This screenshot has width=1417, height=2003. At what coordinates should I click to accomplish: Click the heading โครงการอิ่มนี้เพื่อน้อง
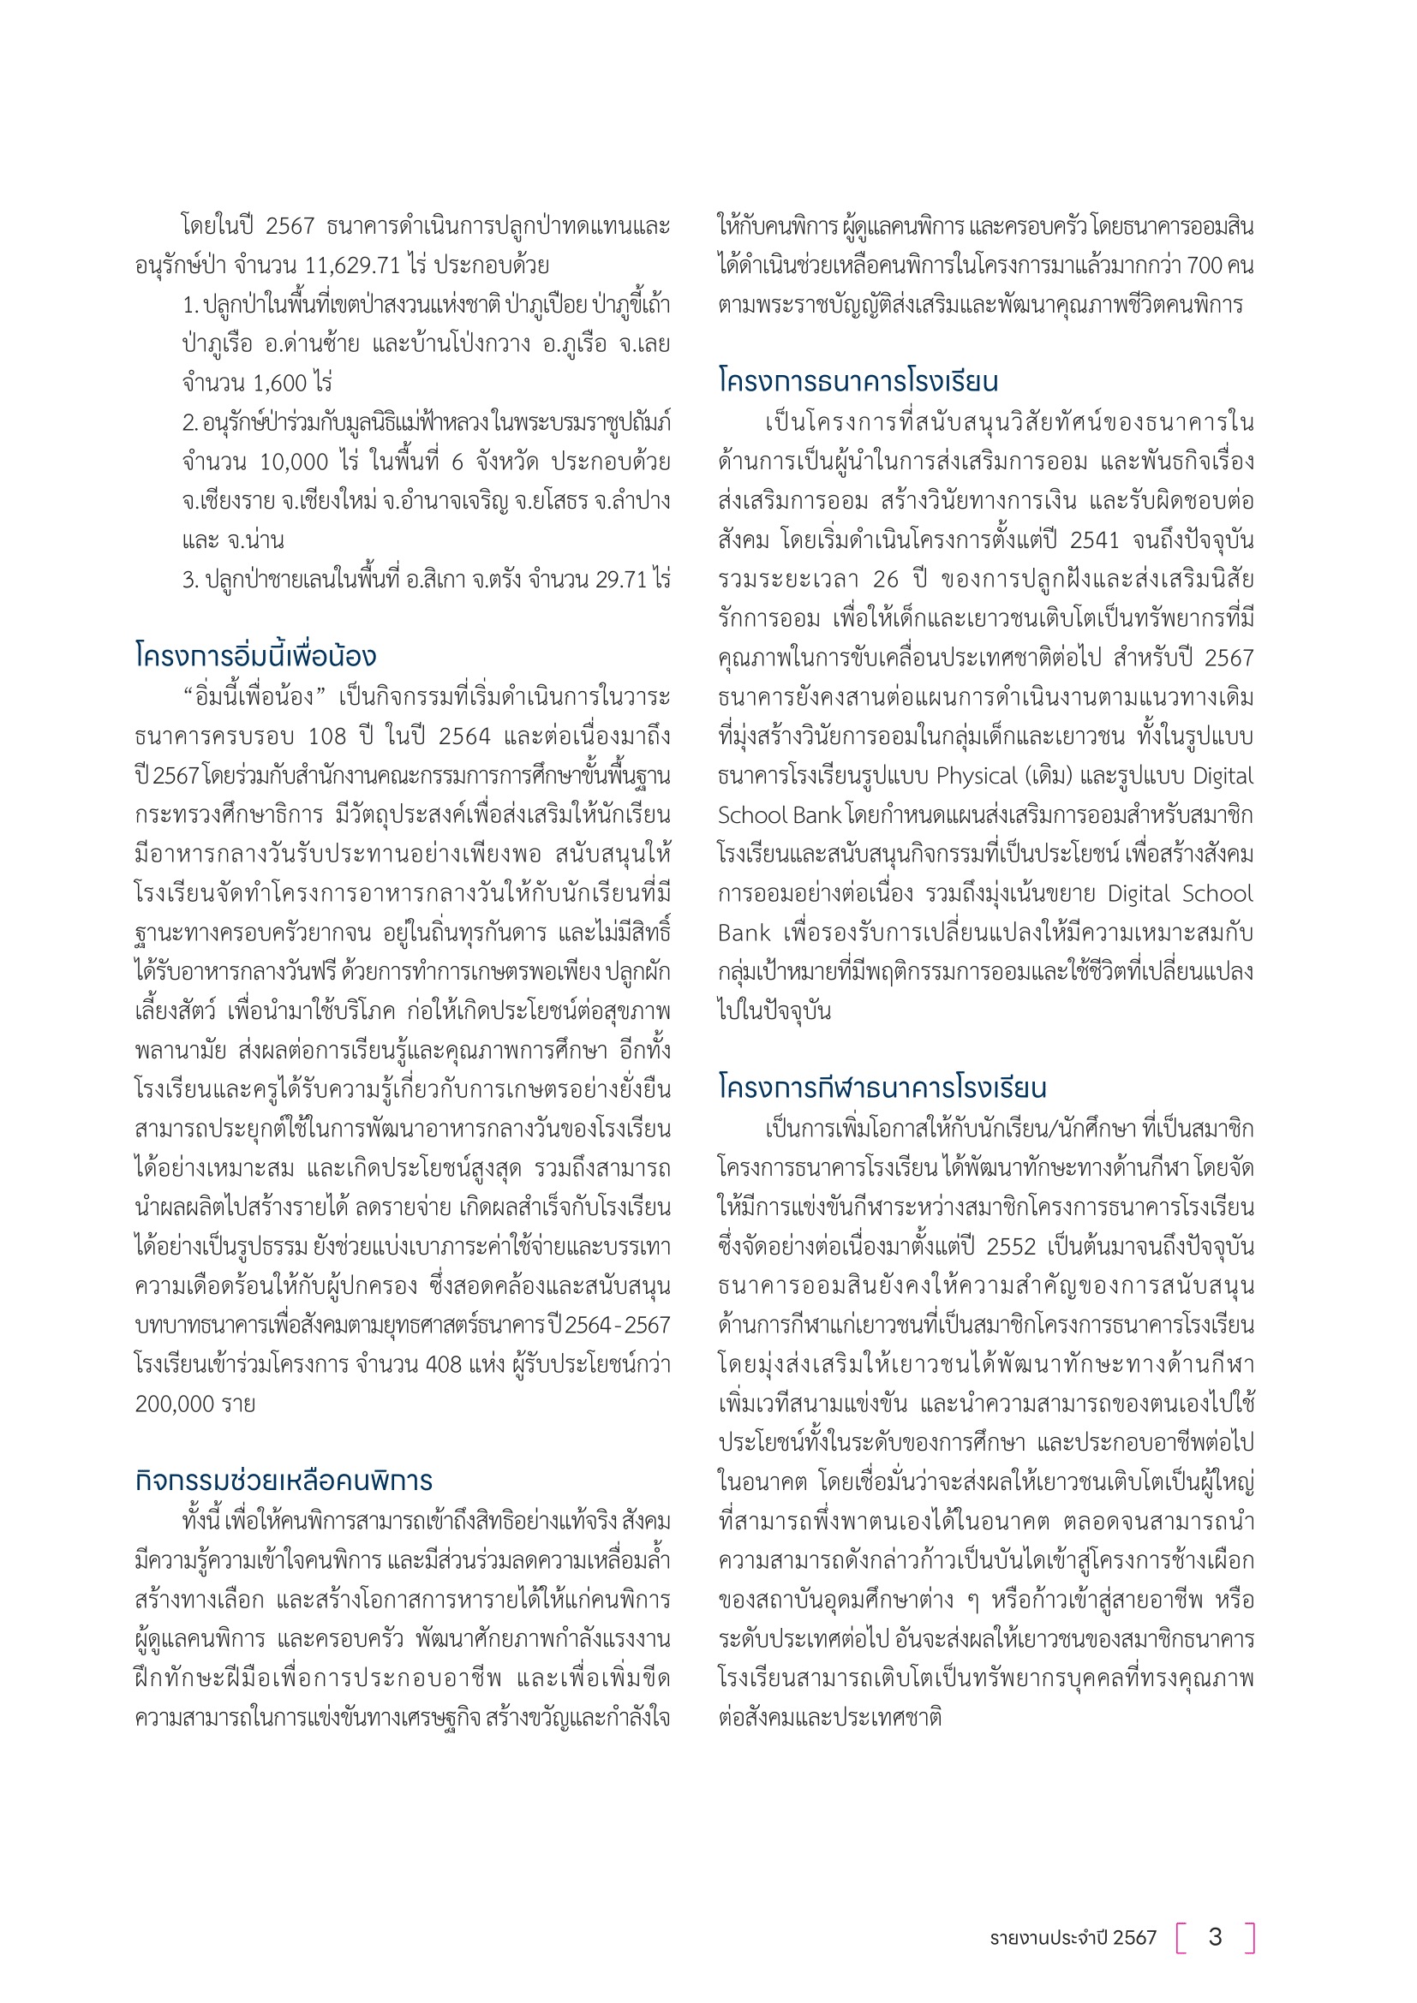[x=255, y=656]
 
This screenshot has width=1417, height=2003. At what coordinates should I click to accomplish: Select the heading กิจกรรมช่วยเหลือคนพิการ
[x=284, y=1481]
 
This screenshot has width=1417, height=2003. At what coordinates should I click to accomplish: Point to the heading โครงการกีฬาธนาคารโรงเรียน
[x=882, y=1088]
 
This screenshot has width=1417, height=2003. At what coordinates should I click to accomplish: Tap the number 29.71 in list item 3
[x=620, y=579]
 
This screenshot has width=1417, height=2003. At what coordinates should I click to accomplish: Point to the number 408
[x=443, y=1363]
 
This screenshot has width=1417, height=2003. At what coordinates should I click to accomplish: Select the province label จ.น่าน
[x=255, y=540]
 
